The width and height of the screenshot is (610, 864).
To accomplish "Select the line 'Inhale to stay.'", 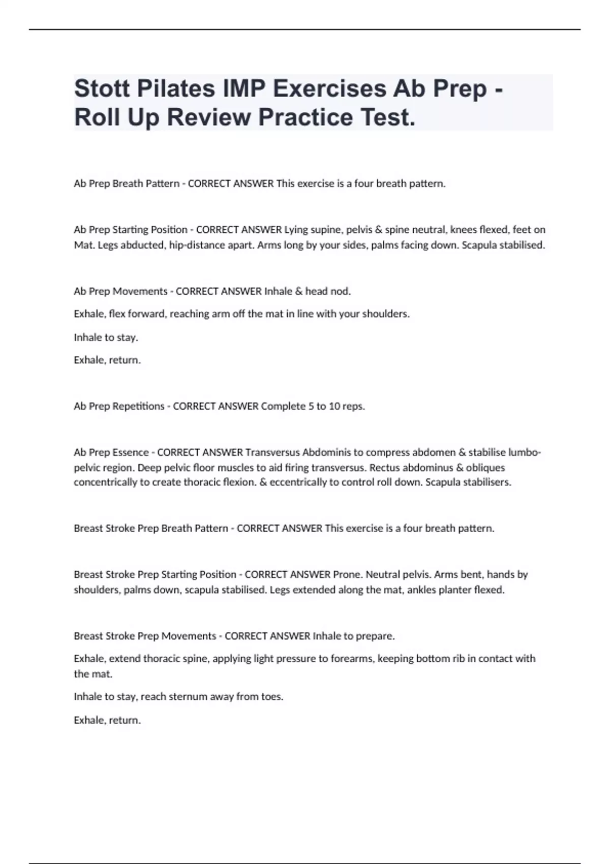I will [x=106, y=337].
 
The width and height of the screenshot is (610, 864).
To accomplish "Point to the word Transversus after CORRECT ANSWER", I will [x=272, y=452].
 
